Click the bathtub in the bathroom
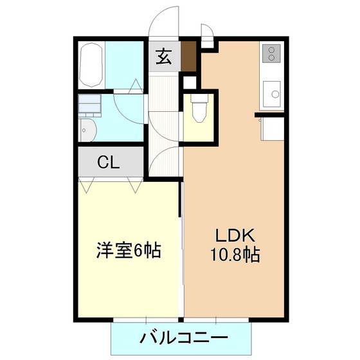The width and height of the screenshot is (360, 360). coord(91,65)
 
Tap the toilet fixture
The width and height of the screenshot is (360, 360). coord(199,109)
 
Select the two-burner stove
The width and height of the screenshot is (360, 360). coord(271,53)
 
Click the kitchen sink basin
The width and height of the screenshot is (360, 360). coord(272,94)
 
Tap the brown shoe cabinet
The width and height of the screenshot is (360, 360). coord(188,57)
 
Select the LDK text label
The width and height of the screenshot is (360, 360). coord(235,235)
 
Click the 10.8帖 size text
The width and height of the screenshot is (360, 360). coord(235,255)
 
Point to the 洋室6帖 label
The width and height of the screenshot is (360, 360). coord(129,251)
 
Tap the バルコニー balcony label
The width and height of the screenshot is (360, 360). coord(184,337)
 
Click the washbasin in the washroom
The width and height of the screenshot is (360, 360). coord(88,130)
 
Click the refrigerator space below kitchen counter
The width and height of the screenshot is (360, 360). coord(273,129)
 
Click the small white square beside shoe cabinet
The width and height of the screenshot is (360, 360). coord(190,82)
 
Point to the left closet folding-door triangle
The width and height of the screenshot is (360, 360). coord(86,185)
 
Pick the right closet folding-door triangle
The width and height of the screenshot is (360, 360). coord(136,185)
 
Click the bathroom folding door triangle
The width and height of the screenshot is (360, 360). coord(136,86)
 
